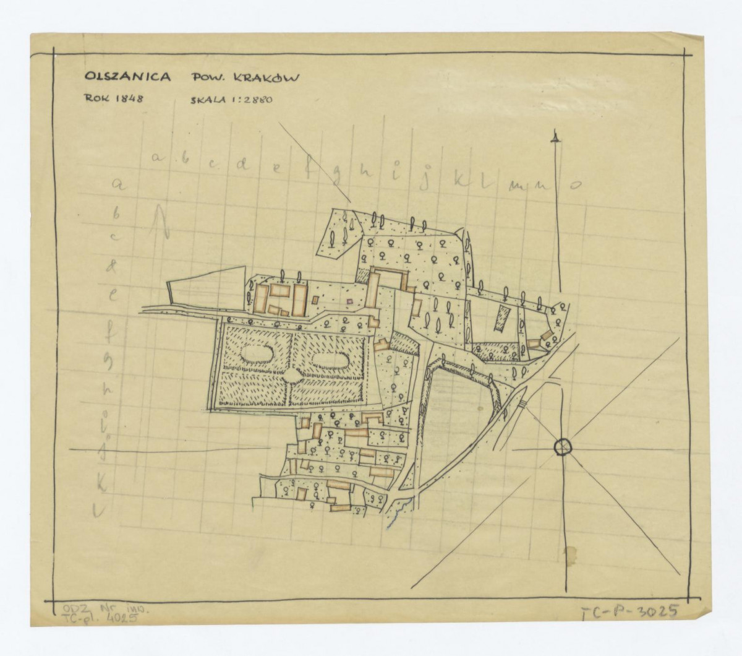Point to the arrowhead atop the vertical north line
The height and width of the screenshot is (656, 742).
click(x=556, y=138)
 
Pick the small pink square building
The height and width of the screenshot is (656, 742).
click(x=349, y=301)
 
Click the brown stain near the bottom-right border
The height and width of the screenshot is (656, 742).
click(x=569, y=553)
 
